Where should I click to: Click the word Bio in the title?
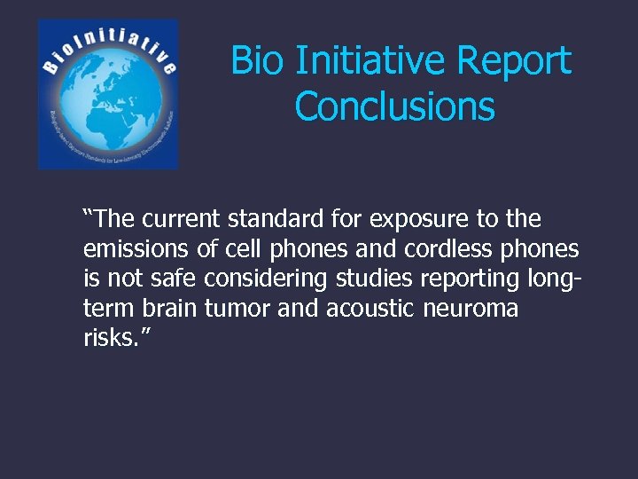pyautogui.click(x=258, y=61)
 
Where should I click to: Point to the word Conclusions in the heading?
pyautogui.click(x=394, y=106)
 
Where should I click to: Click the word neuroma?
pyautogui.click(x=474, y=309)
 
